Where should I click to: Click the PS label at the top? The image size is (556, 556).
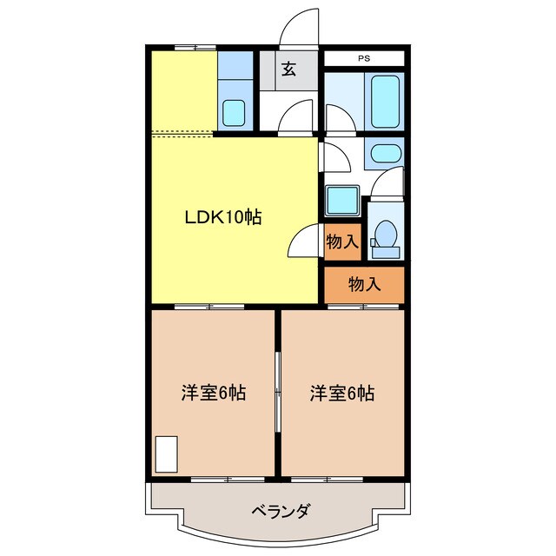363,59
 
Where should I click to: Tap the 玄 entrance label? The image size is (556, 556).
288,70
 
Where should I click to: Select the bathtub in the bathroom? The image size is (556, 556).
385,101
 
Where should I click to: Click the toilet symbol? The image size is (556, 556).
384,237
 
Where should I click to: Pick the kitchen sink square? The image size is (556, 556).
234,111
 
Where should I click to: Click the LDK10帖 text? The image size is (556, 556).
222,218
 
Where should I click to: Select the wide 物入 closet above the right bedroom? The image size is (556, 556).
364,283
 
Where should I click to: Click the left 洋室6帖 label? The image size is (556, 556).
213,393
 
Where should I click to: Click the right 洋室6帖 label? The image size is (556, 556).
342,393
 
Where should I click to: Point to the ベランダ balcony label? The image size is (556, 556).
278,510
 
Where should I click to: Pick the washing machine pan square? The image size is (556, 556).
342,201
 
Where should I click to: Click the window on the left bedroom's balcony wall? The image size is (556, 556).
228,479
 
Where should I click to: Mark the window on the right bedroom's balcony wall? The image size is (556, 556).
328,479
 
